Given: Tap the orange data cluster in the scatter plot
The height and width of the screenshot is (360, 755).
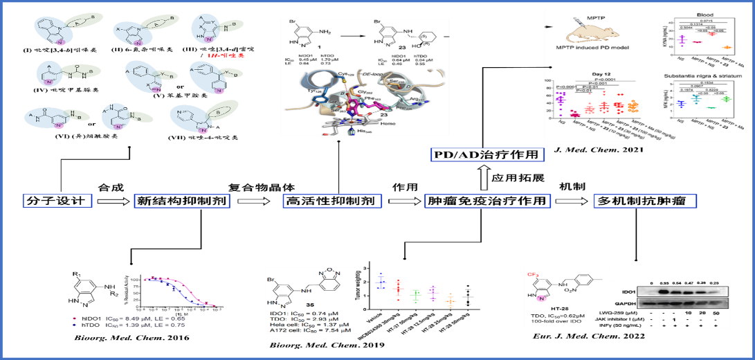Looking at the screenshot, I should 450,300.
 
